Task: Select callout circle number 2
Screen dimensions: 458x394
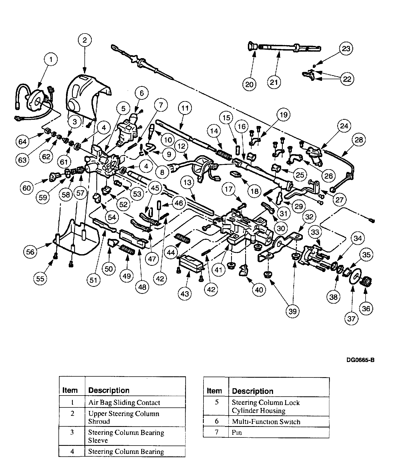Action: tap(85, 40)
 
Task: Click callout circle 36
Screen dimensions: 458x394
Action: tap(366, 309)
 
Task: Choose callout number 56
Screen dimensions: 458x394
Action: tap(30, 252)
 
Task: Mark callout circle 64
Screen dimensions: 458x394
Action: tap(23, 141)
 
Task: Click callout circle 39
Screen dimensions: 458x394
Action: tap(293, 311)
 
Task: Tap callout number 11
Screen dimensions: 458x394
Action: tap(185, 108)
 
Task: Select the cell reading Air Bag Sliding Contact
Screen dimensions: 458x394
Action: tap(124, 403)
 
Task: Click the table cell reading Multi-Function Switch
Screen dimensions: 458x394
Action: tap(266, 422)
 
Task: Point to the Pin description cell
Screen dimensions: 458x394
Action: tap(237, 433)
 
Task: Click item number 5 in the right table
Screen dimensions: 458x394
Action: tap(216, 402)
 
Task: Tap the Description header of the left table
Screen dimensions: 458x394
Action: tap(109, 390)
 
